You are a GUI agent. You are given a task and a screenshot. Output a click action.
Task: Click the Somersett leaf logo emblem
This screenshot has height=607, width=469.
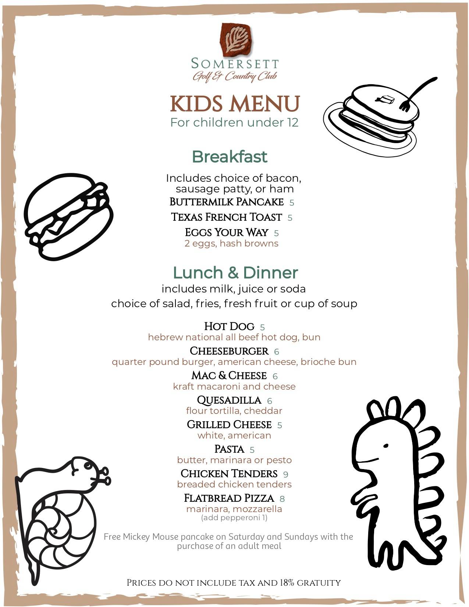235,40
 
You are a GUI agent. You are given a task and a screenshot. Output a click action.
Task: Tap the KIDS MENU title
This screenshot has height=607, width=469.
235,104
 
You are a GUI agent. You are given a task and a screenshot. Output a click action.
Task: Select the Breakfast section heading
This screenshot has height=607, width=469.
229,157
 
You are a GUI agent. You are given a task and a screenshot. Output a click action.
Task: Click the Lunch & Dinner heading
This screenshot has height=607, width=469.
235,273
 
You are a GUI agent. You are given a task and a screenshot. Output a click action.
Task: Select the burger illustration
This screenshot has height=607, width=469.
68,217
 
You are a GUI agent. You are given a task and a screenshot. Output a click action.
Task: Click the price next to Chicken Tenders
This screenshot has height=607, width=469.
286,475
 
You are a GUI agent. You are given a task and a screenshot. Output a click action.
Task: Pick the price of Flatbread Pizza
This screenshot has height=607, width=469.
282,499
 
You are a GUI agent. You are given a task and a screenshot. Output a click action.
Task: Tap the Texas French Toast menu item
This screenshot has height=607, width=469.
227,217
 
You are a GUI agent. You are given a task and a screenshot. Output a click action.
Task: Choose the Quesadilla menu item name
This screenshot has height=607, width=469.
229,400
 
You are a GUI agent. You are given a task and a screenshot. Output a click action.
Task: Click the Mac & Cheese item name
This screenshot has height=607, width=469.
229,376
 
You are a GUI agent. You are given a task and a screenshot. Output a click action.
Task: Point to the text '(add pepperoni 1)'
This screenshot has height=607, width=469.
234,518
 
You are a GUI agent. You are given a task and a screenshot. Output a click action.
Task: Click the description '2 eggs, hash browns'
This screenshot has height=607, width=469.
231,244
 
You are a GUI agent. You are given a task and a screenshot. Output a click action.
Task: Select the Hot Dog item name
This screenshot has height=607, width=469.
229,326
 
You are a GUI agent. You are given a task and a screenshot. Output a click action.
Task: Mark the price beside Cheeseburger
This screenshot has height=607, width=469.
277,352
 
